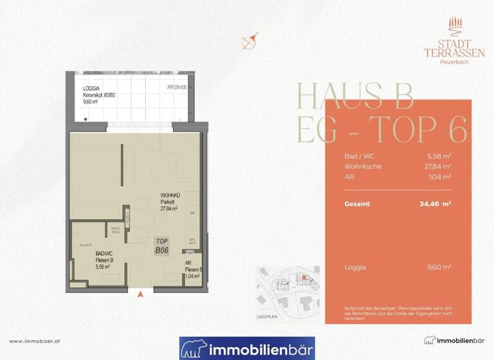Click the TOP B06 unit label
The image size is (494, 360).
pyautogui.click(x=162, y=245)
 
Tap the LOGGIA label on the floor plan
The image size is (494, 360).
pyautogui.click(x=92, y=88)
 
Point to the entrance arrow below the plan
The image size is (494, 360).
pyautogui.click(x=140, y=294)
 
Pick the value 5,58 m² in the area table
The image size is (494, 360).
pyautogui.click(x=439, y=156)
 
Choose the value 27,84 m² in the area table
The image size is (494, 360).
pyautogui.click(x=438, y=166)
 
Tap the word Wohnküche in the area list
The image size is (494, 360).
pyautogui.click(x=363, y=166)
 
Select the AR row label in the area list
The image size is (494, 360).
pyautogui.click(x=349, y=176)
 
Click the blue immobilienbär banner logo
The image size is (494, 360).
pyautogui.click(x=247, y=348)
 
